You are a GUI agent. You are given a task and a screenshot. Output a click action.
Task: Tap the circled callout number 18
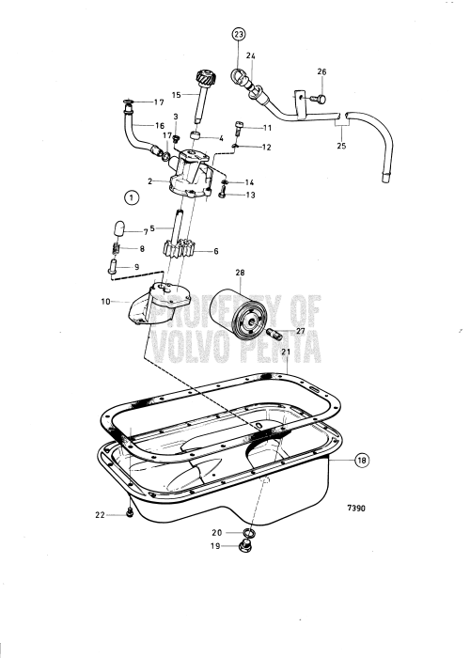363,462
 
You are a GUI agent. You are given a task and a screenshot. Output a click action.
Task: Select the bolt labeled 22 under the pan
127,513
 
